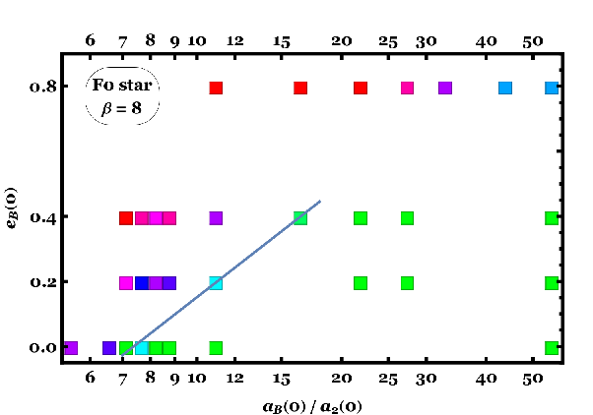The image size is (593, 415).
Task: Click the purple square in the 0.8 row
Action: (445, 88)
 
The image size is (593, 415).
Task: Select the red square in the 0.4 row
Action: (126, 218)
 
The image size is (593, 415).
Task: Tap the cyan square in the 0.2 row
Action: (216, 283)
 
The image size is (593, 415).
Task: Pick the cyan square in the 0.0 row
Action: (142, 348)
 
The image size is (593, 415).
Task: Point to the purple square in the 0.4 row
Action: (216, 218)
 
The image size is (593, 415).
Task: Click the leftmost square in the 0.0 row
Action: (71, 348)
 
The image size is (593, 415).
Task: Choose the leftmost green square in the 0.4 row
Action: (300, 218)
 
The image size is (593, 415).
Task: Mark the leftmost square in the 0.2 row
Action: (126, 283)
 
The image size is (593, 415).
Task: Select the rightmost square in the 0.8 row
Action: (552, 88)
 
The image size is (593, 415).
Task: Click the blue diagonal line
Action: (222, 278)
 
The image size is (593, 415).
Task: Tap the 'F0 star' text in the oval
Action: (122, 85)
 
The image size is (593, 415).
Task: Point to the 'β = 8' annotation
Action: (121, 108)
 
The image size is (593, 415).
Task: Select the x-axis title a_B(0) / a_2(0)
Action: (312, 407)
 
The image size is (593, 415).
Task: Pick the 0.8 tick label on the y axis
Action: (43, 88)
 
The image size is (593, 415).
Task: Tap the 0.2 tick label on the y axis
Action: (43, 282)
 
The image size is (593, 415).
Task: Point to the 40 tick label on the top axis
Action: (486, 41)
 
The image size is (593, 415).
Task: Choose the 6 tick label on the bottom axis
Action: (90, 378)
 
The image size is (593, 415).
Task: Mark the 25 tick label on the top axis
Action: (388, 42)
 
